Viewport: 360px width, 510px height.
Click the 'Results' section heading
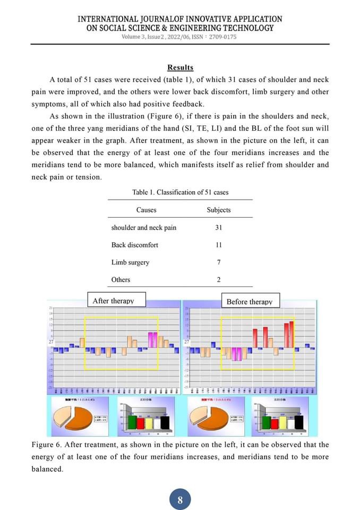coord(180,67)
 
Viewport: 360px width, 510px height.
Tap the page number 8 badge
coord(180,500)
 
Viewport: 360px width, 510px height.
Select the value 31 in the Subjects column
coord(218,227)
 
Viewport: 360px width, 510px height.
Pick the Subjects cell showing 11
coord(218,245)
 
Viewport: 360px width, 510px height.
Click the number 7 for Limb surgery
coord(218,262)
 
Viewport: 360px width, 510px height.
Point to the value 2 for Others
coord(218,279)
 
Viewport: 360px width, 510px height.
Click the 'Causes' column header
coord(146,210)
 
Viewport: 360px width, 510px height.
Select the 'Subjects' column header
coord(218,210)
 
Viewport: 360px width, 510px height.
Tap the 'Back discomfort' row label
coord(134,245)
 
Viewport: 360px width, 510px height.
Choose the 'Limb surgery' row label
coord(130,262)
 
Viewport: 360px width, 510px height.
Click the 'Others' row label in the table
coord(121,279)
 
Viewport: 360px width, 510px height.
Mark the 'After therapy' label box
coord(113,301)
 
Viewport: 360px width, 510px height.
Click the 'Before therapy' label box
coord(249,301)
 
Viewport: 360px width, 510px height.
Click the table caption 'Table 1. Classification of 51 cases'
coord(180,192)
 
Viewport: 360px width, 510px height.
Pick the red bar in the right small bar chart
coord(275,423)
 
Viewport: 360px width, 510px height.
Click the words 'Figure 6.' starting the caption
coord(45,445)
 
